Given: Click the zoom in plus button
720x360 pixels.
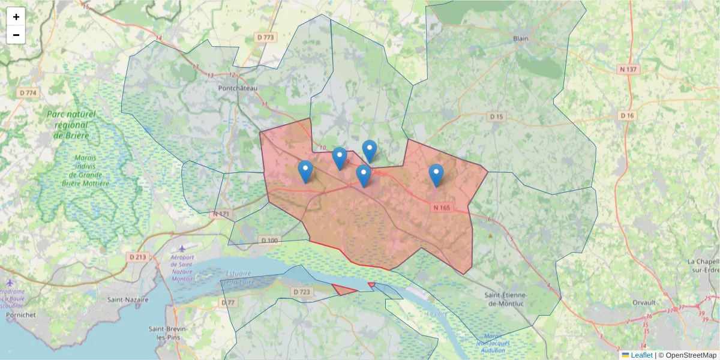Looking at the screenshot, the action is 16,17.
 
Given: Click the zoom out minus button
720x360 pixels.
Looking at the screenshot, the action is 16,35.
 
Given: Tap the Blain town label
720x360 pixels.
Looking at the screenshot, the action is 520,38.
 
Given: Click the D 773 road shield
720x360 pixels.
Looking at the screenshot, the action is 265,37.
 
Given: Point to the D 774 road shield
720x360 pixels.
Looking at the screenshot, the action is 28,93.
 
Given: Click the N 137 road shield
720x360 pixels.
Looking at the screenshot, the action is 628,70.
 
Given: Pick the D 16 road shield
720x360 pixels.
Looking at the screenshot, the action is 627,115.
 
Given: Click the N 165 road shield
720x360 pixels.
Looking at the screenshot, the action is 441,208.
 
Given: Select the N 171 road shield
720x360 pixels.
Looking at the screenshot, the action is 221,214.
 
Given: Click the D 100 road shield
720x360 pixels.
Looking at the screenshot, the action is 270,241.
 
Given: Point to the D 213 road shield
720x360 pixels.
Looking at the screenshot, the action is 137,257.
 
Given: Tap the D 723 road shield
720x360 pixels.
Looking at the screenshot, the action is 302,292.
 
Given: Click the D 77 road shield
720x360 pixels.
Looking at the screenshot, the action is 228,303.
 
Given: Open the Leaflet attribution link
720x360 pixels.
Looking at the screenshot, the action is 641,355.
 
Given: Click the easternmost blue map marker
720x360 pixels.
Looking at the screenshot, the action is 436,175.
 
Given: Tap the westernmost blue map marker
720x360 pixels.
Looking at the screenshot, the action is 305,171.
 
